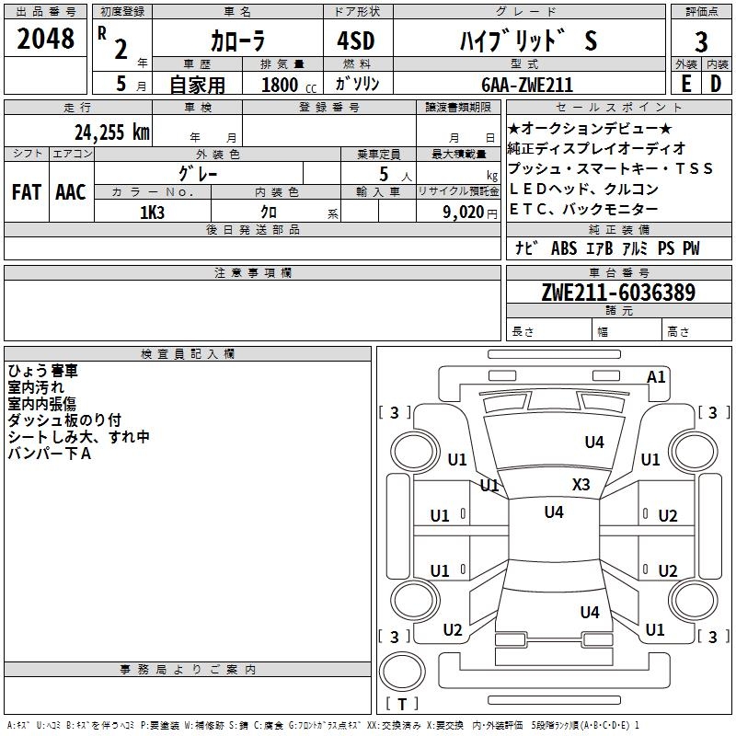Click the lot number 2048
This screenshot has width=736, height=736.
coord(46,39)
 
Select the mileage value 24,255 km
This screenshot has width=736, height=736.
coord(112,132)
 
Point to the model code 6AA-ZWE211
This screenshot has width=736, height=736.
coord(527,85)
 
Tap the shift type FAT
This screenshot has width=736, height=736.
coord(27,192)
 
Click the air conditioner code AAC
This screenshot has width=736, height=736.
coord(70,192)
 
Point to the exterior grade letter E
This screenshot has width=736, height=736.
coord(685,84)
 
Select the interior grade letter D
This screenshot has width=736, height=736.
coord(716,84)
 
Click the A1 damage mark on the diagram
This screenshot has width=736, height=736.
coord(656,376)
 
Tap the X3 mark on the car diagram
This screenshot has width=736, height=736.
coord(581,485)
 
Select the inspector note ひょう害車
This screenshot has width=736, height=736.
coord(43,371)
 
